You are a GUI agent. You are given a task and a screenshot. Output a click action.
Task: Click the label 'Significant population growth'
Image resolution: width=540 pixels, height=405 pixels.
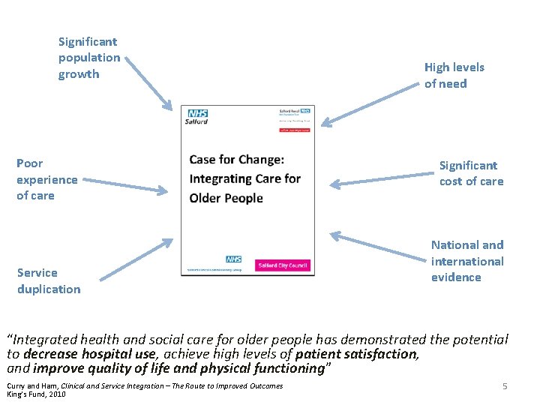88,58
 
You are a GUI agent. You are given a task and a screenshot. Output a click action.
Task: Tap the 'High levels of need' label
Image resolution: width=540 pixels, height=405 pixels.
454,76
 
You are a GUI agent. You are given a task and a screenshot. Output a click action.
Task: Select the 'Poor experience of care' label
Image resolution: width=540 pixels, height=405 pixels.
46,179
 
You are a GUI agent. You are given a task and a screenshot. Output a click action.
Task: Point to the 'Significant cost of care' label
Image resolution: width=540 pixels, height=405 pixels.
471,173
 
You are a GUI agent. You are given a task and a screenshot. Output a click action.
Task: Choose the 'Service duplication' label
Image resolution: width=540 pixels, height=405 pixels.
49,280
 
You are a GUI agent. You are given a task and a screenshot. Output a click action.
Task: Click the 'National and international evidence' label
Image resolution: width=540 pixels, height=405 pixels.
467,261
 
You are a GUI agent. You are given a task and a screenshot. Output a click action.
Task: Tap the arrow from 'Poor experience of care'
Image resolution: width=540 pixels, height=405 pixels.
123,184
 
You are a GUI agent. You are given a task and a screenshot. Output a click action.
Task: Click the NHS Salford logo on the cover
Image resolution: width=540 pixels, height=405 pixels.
198,116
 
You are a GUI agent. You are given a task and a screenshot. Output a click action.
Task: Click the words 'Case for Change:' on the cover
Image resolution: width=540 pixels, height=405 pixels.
236,159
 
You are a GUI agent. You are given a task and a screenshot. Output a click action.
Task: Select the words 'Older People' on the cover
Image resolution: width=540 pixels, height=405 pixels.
226,198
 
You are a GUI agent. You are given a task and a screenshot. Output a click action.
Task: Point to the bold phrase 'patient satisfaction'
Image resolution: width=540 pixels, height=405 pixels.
356,354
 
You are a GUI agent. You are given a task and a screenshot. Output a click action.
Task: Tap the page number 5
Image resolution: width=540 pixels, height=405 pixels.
505,386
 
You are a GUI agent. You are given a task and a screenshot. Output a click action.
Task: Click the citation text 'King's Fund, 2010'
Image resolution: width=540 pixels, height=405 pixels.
36,394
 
